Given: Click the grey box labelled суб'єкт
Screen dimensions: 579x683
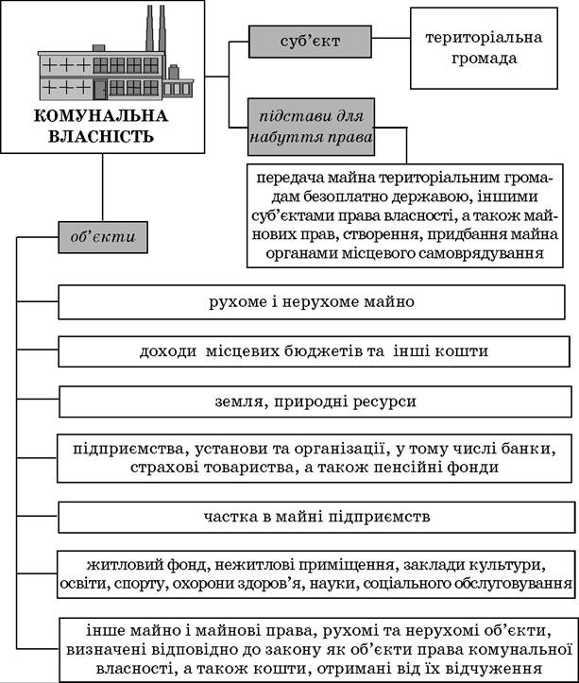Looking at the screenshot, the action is (310, 42).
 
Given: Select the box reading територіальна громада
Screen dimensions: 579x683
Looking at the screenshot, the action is (484, 48).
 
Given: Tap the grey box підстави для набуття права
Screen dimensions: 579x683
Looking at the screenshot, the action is (311, 127).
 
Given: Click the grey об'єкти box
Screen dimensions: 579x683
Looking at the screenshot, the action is (103, 237).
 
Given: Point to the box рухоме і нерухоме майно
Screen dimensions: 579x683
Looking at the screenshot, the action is (312, 302).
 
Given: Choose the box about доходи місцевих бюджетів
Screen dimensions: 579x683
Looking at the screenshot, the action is (314, 351).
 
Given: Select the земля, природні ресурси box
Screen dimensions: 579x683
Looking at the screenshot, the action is (315, 401).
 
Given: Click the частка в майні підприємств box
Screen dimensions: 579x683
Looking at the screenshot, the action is (316, 517).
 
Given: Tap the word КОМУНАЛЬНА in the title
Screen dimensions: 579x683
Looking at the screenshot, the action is (101, 116).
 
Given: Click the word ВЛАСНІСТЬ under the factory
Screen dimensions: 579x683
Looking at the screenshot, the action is (101, 136).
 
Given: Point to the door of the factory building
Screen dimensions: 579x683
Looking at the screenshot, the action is (100, 90).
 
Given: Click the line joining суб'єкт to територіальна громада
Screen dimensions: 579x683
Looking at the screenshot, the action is (391, 38).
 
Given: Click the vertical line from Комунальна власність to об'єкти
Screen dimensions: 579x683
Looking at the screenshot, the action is (103, 187).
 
